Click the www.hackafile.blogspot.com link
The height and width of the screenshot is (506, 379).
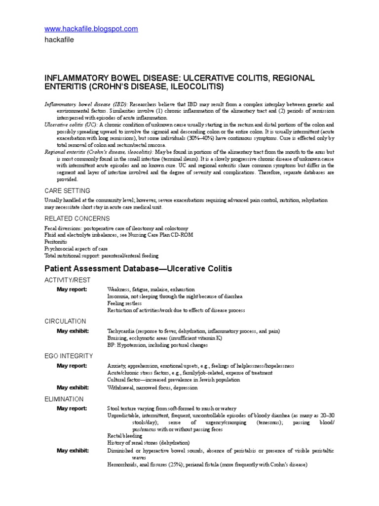pyautogui.click(x=91, y=29)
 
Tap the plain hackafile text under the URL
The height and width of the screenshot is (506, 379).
pyautogui.click(x=59, y=40)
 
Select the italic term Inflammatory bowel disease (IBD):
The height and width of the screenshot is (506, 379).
pyautogui.click(x=86, y=105)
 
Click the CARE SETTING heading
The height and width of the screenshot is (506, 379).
pyautogui.click(x=67, y=191)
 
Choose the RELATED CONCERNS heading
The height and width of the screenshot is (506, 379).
pyautogui.click(x=77, y=218)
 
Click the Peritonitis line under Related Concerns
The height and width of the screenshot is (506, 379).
pyautogui.click(x=56, y=242)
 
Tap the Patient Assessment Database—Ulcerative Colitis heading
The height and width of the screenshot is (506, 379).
pyautogui.click(x=138, y=269)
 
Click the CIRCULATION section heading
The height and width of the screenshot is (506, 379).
pyautogui.click(x=65, y=321)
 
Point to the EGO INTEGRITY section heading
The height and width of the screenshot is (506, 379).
pyautogui.click(x=69, y=355)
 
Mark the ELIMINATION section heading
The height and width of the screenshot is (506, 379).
pyautogui.click(x=64, y=399)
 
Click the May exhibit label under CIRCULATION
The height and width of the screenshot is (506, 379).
pyautogui.click(x=73, y=331)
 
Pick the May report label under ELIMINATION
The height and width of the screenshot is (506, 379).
pyautogui.click(x=72, y=409)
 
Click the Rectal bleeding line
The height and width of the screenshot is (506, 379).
pyautogui.click(x=125, y=436)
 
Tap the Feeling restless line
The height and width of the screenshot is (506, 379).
pyautogui.click(x=124, y=303)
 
